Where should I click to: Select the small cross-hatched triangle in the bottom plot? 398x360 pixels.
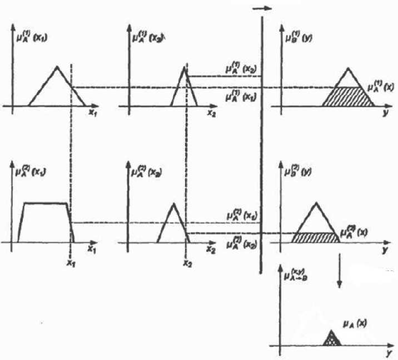click(332, 339)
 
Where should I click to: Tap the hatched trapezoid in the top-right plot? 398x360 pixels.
click(348, 96)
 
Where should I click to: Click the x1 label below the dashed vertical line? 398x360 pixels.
click(71, 263)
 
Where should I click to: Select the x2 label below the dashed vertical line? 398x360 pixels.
click(185, 263)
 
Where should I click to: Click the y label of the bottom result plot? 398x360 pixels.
click(385, 353)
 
